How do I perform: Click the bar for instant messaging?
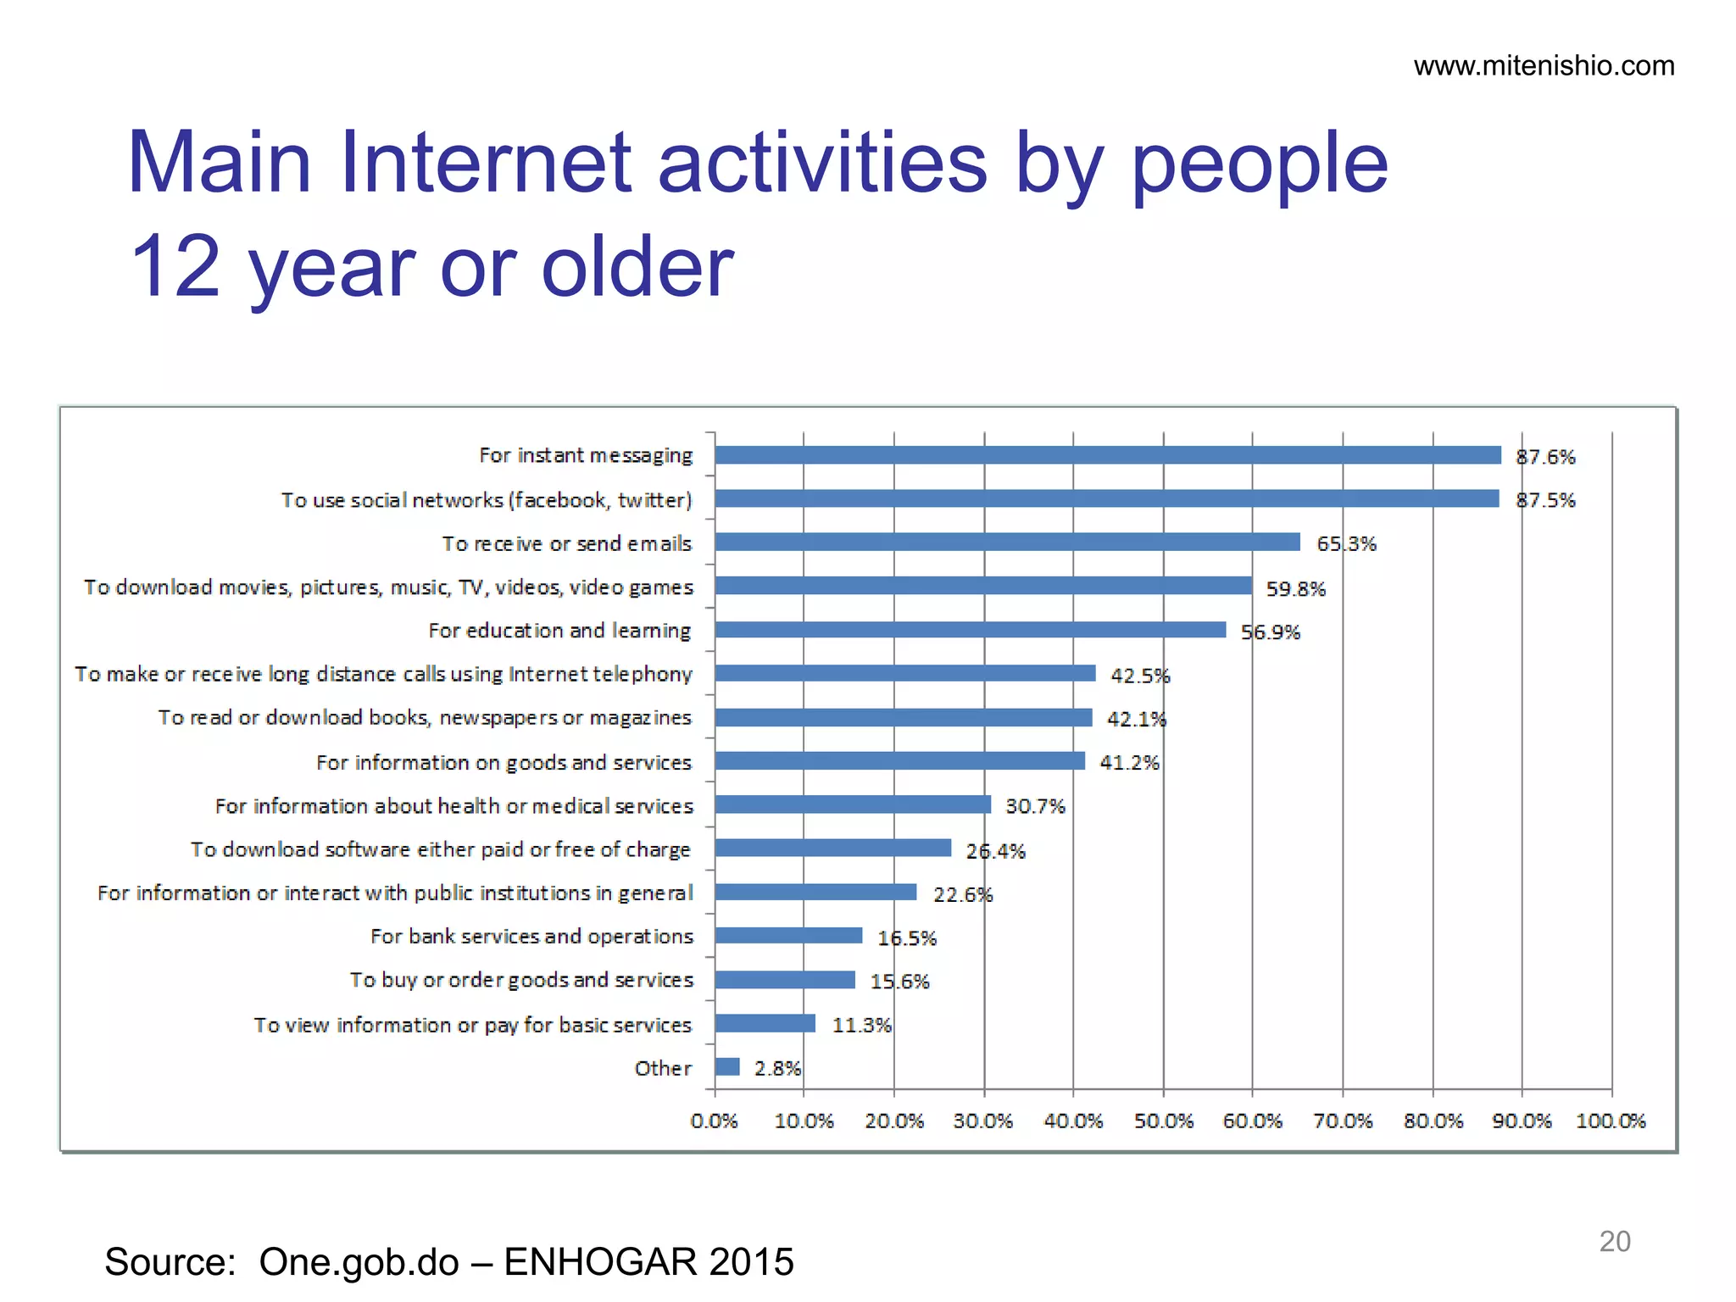pos(1107,455)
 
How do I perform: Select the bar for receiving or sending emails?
pos(1007,542)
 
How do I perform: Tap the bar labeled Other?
pos(727,1066)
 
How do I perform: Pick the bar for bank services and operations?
pos(788,936)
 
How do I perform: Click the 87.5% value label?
pos(1545,500)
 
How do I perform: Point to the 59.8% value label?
pos(1295,588)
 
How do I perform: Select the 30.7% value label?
pos(1035,806)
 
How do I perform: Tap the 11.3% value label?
pos(861,1025)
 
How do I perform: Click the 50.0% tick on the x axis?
pos(1163,1121)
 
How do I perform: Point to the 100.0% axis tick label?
pos(1610,1121)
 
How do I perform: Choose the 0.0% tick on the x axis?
pos(714,1121)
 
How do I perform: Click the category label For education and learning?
pos(559,631)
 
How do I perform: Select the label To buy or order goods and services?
pos(521,980)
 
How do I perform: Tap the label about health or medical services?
pos(454,806)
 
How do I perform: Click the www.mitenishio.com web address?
pos(1544,66)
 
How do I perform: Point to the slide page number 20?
pos(1614,1241)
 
